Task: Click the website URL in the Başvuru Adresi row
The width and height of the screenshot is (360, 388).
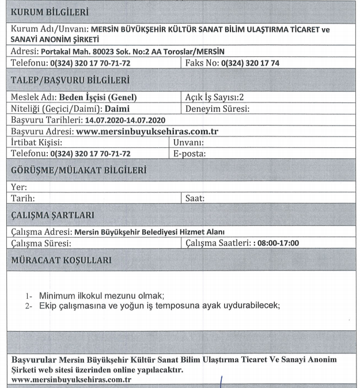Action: click(x=147, y=131)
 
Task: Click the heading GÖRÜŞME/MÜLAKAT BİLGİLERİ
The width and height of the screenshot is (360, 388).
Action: click(x=78, y=170)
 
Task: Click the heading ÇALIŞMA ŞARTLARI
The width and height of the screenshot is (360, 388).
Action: click(x=52, y=215)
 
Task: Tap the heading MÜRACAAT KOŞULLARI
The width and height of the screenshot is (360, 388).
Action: click(x=62, y=260)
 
